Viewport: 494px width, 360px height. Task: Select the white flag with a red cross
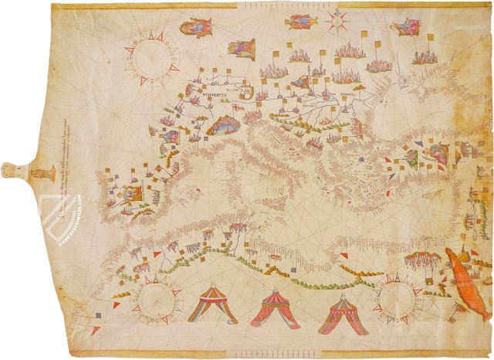point(239,109)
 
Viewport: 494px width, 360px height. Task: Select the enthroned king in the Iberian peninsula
point(132,192)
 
